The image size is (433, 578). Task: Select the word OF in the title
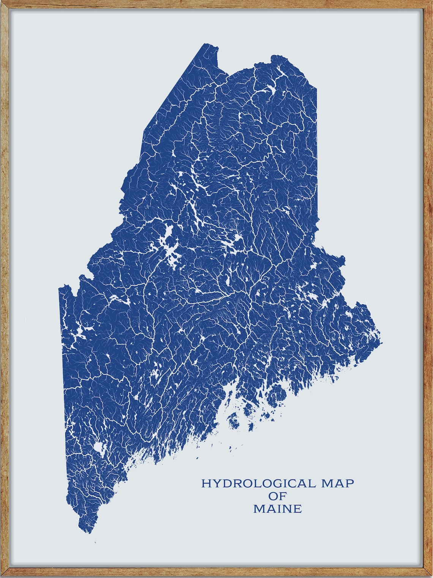tap(277, 496)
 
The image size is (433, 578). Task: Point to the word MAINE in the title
tap(277, 508)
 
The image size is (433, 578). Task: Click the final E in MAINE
tap(297, 508)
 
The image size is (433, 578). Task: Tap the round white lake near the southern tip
tap(100, 446)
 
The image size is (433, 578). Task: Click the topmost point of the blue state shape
tap(207, 44)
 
